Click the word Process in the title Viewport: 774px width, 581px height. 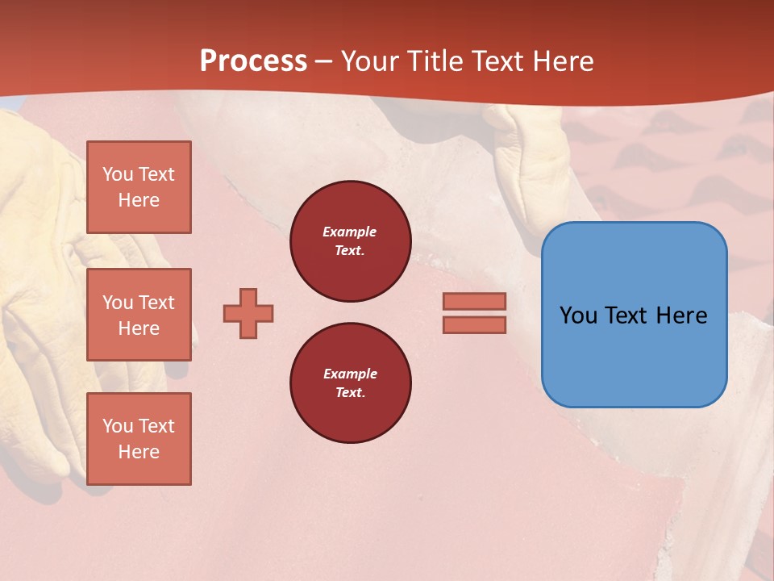pos(253,61)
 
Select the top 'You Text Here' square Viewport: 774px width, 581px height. pos(139,187)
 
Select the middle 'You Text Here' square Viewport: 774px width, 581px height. pos(139,315)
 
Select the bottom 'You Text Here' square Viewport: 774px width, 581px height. pos(139,439)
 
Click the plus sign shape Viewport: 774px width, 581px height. pos(248,313)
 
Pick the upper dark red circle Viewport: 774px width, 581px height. pos(350,241)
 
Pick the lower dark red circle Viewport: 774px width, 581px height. pos(350,383)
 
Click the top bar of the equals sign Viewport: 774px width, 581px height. pos(474,301)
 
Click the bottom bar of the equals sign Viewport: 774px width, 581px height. pos(474,324)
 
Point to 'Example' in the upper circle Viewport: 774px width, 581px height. pos(350,232)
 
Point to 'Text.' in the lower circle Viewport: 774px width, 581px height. pos(350,393)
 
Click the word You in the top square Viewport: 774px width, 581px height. pos(118,174)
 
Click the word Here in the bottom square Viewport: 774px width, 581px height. pos(139,452)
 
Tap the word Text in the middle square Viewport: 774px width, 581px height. pos(156,303)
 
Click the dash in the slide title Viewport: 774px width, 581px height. pos(323,61)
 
